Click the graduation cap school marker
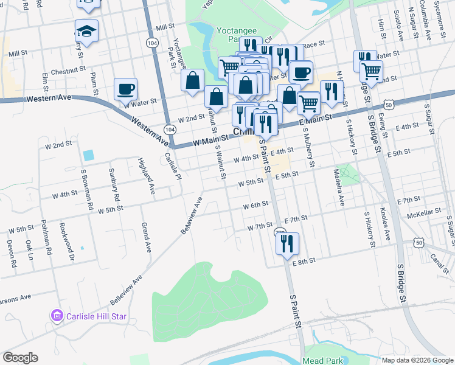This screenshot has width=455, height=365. [86, 30]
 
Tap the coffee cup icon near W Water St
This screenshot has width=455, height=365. [125, 89]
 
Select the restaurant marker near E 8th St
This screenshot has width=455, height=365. [287, 243]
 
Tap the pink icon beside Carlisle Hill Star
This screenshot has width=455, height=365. [57, 316]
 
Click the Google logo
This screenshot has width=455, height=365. [20, 358]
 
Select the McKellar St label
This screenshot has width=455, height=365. [423, 214]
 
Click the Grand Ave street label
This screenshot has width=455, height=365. [147, 238]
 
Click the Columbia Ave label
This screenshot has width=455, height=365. [428, 26]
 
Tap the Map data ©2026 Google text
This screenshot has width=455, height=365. [417, 360]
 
